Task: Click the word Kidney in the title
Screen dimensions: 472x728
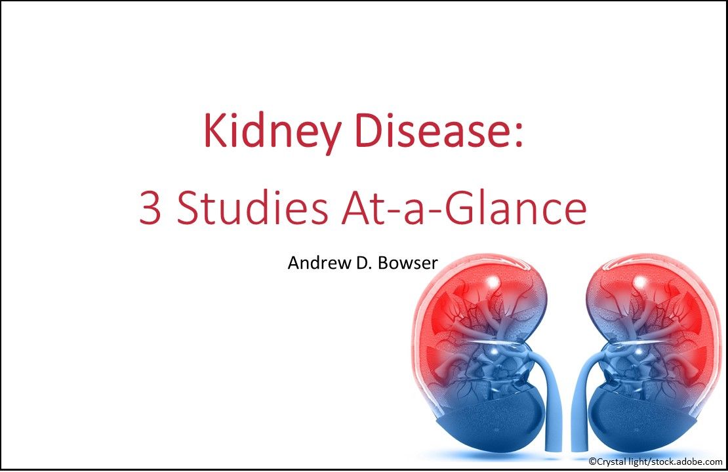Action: pyautogui.click(x=271, y=130)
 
